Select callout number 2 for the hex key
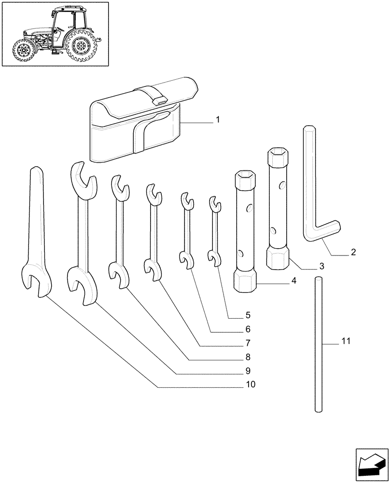353,252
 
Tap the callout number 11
345,341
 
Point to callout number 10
250,384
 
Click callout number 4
294,280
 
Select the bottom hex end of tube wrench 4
245,281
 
